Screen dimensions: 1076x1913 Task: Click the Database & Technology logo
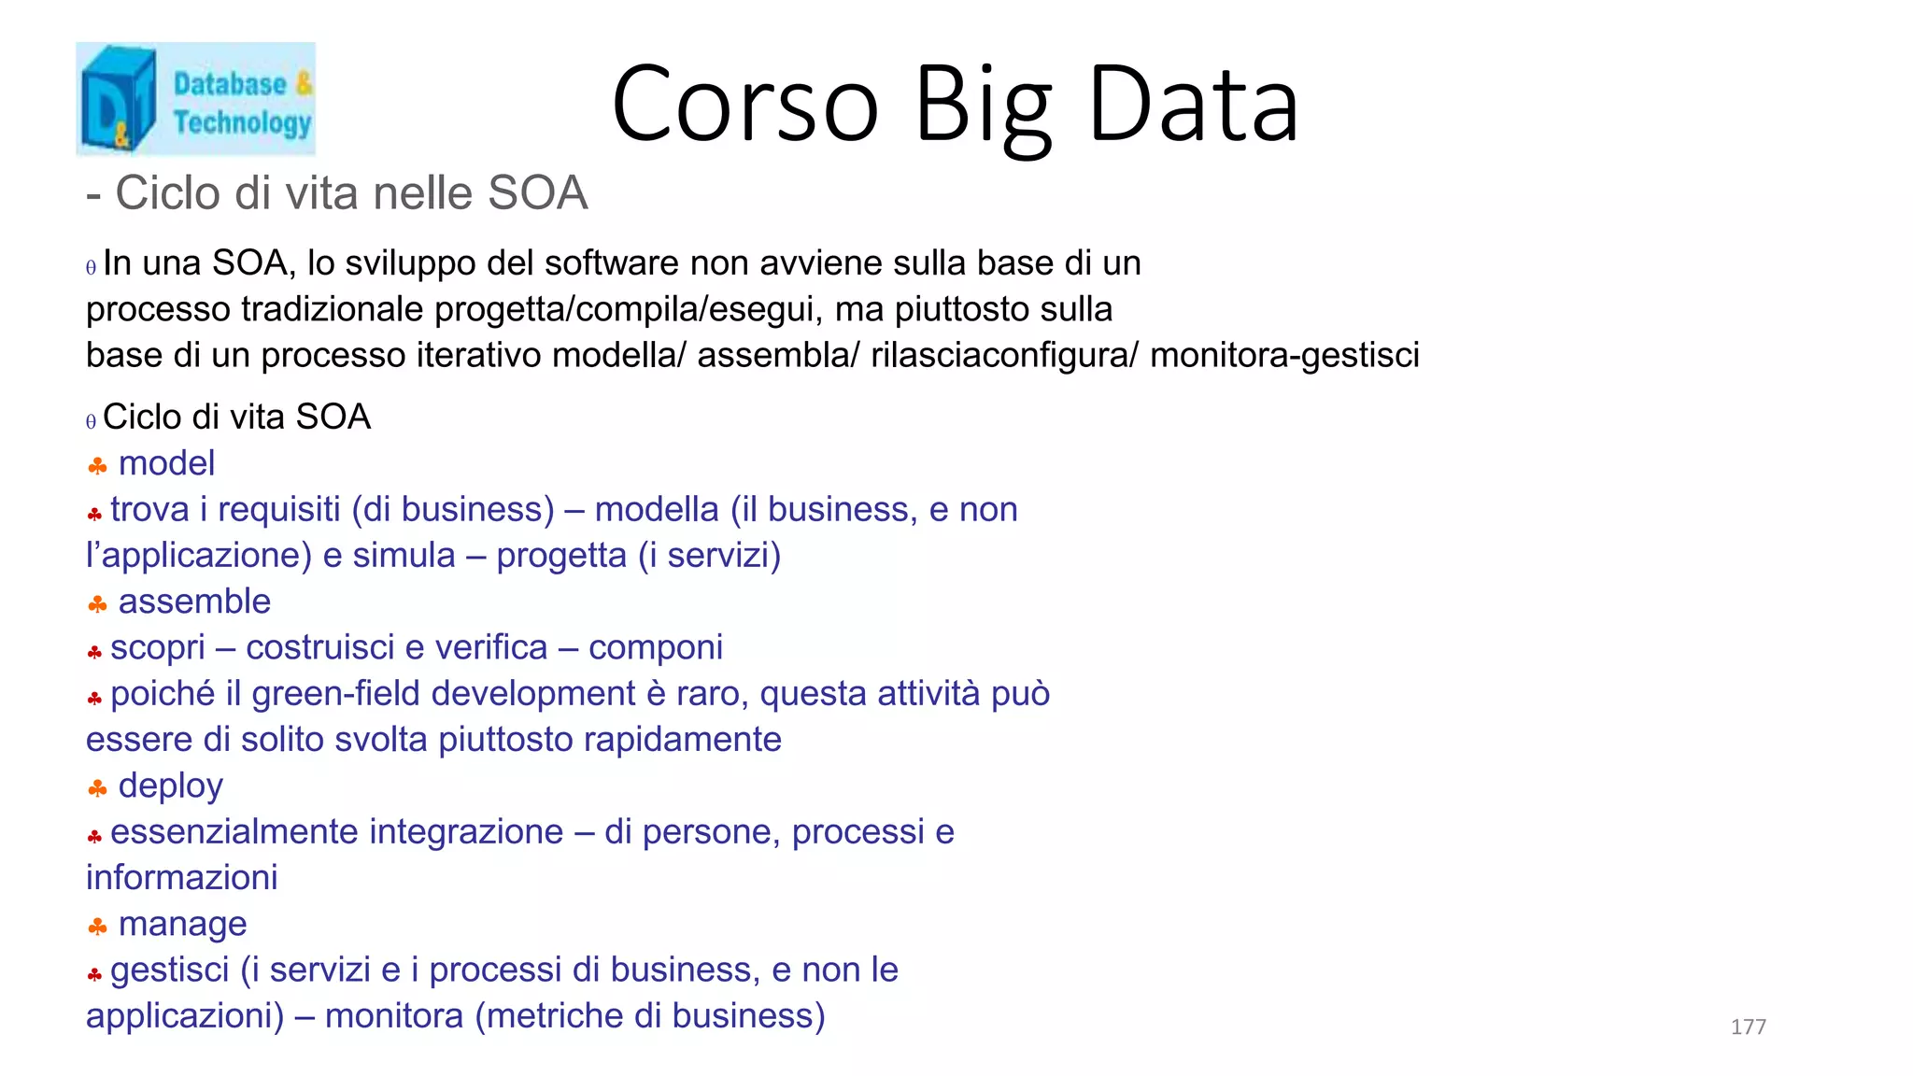point(195,98)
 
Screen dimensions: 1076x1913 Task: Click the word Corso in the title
point(744,105)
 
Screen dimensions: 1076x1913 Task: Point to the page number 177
point(1748,1026)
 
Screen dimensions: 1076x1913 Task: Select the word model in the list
point(166,463)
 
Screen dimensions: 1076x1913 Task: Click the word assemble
point(194,602)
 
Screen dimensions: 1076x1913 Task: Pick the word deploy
point(170,786)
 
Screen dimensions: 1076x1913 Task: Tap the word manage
point(182,924)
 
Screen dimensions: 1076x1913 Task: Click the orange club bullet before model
point(97,465)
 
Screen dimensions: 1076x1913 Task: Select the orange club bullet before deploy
point(97,789)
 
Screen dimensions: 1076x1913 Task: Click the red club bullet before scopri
point(94,652)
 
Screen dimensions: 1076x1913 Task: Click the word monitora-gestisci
point(1284,356)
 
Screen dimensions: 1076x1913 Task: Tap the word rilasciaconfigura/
point(1004,356)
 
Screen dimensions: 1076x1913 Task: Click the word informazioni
point(182,878)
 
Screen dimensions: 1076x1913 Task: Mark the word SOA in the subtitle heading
point(537,193)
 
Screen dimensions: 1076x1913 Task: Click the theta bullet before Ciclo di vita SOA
point(91,421)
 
